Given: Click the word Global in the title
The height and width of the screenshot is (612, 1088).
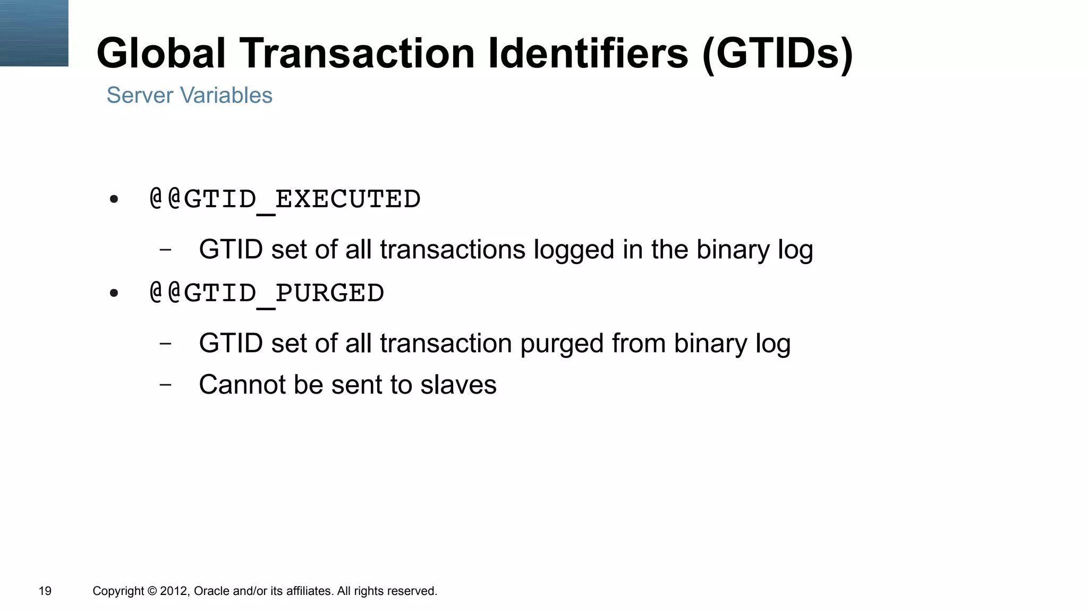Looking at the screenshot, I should tap(161, 53).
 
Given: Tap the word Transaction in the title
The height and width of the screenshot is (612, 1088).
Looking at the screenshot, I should tap(357, 53).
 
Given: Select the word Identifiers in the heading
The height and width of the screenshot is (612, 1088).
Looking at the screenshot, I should tap(588, 53).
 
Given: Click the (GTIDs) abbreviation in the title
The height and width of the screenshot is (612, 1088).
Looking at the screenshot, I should tap(777, 53).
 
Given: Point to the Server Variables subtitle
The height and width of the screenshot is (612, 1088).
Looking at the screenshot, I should tap(189, 96).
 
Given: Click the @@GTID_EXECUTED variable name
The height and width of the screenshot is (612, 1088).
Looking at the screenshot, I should tap(285, 200).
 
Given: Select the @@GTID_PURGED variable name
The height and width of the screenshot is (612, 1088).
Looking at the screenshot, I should tap(267, 293).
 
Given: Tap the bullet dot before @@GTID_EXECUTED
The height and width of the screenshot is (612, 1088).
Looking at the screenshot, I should tap(114, 200).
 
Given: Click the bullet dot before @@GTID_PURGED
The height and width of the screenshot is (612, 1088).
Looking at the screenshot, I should tap(114, 293).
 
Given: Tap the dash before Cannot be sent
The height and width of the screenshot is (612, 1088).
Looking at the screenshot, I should tap(166, 384).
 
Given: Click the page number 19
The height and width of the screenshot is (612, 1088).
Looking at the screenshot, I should tap(45, 591).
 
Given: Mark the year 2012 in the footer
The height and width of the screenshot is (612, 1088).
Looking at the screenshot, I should tap(174, 591).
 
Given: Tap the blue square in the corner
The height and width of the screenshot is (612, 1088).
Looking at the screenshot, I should tap(34, 33).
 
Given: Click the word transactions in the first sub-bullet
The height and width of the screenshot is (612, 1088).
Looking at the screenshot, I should tap(452, 250).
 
